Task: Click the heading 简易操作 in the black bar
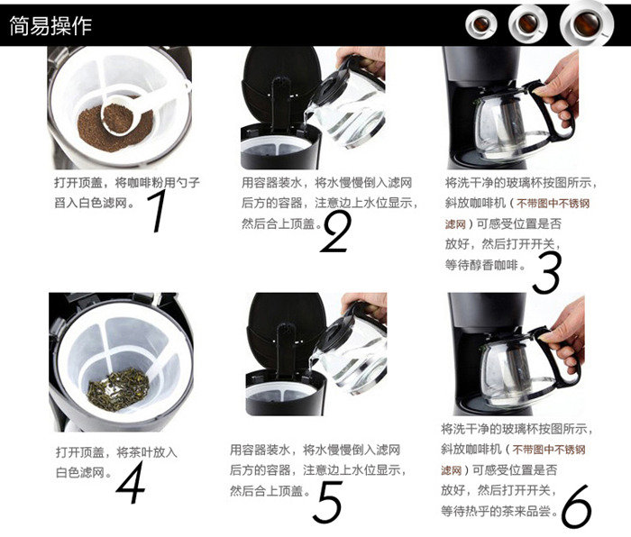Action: pos(51,25)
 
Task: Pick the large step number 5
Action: pos(327,501)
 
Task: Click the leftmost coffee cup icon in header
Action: pos(482,23)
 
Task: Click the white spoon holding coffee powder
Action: pos(126,113)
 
